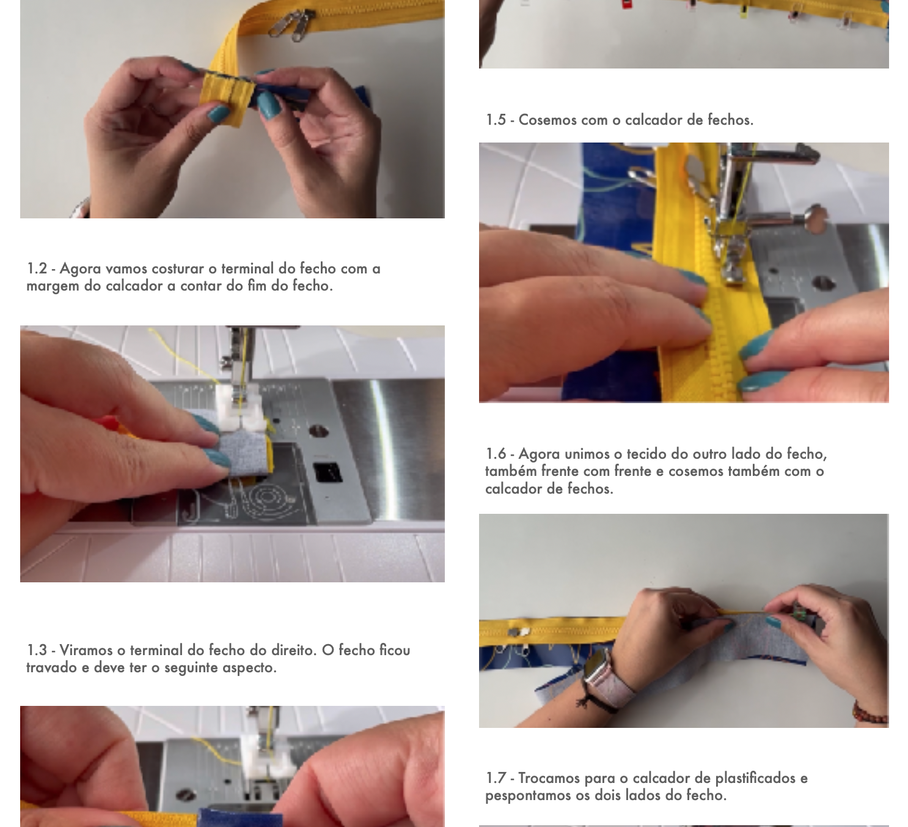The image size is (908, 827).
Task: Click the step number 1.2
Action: click(x=37, y=269)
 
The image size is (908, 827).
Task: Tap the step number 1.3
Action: click(x=37, y=650)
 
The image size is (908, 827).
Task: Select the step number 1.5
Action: click(x=496, y=120)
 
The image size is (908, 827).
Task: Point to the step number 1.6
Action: click(x=496, y=454)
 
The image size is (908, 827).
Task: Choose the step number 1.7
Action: click(x=496, y=778)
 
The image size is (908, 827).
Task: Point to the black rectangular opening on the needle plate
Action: click(x=328, y=473)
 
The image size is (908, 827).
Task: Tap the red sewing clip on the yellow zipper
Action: click(x=627, y=4)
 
